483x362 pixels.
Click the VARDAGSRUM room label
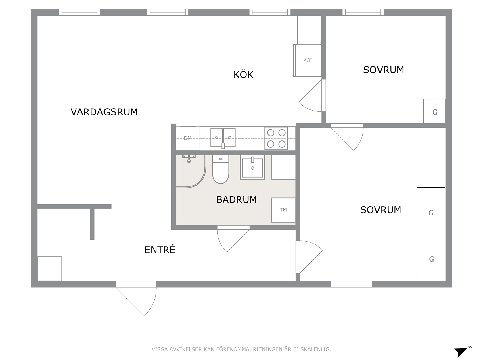click(x=104, y=112)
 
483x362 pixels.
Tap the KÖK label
click(x=244, y=75)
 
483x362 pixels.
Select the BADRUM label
click(x=236, y=200)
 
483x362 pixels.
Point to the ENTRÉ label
click(x=160, y=249)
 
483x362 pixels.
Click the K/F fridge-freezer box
click(x=308, y=61)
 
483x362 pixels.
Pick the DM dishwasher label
click(x=188, y=138)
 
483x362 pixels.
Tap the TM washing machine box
click(x=283, y=210)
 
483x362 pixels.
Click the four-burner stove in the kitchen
click(x=276, y=138)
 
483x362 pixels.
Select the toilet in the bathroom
click(x=221, y=169)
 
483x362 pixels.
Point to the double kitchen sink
click(x=223, y=138)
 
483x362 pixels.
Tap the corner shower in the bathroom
click(x=191, y=172)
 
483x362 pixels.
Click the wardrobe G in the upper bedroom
click(x=435, y=111)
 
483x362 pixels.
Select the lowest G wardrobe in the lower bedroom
click(x=431, y=258)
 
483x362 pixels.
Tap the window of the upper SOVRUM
click(x=363, y=12)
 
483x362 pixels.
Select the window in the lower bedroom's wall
click(x=351, y=284)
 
